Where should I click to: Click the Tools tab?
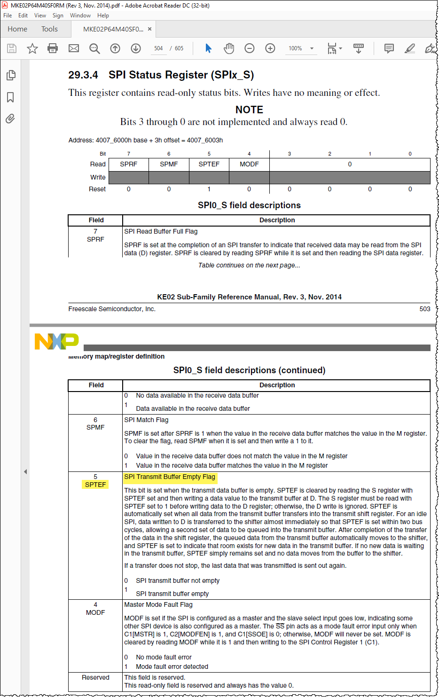coord(49,29)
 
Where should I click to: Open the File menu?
coord(8,16)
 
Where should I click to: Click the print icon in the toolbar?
coord(53,48)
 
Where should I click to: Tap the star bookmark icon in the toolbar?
coord(32,48)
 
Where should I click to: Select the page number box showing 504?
coord(158,48)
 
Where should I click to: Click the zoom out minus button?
coord(250,48)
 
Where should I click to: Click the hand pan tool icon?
coord(229,48)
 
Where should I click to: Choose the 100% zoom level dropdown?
coord(301,48)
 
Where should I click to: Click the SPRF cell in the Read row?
coord(128,164)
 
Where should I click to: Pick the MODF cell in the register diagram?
coord(249,164)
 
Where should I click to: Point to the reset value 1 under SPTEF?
coord(209,189)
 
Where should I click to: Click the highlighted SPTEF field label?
coord(95,485)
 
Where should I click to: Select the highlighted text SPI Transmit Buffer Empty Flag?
coord(170,477)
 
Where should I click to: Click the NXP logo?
coord(57,341)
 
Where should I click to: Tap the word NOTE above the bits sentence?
coord(249,110)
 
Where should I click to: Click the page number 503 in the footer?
coord(425,309)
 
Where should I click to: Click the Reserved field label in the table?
coord(95,677)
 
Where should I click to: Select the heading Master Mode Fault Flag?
coord(158,604)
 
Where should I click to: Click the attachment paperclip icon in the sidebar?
coord(10,118)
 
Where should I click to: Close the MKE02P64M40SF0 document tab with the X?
coord(149,29)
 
